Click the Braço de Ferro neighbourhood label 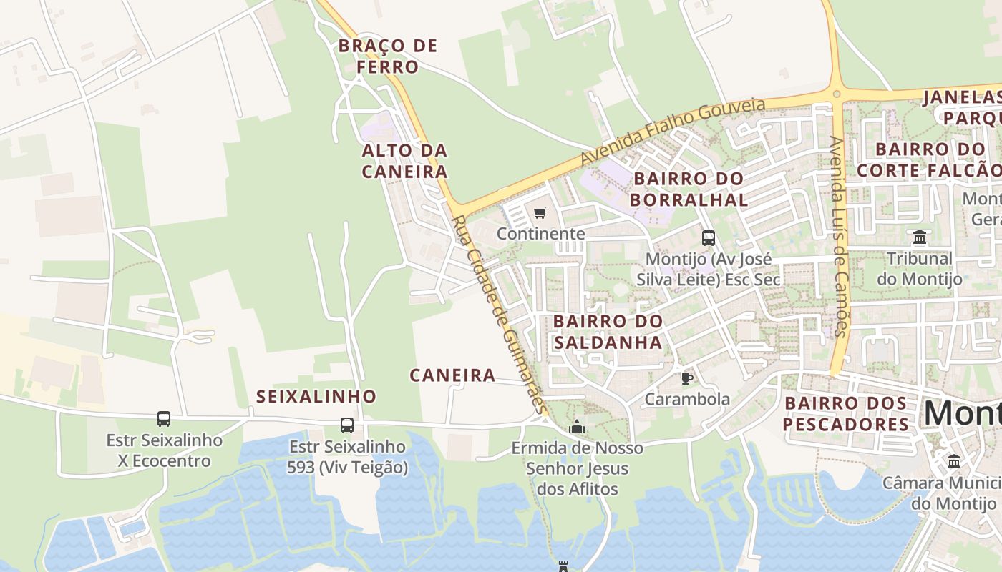click(387, 56)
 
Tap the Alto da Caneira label click(404, 161)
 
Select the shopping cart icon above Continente click(540, 212)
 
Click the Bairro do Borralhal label click(689, 189)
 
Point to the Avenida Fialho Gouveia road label click(673, 132)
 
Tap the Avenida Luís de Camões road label click(838, 236)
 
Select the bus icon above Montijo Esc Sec click(709, 237)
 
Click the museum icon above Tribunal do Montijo click(920, 237)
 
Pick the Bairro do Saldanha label click(608, 332)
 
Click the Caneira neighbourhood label click(452, 375)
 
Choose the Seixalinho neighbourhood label click(316, 397)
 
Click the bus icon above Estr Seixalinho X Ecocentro click(164, 419)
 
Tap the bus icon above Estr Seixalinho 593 click(347, 425)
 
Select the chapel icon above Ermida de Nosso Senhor click(577, 428)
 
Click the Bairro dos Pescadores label click(846, 414)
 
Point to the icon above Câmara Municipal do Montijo click(954, 462)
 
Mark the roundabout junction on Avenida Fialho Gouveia click(837, 93)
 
